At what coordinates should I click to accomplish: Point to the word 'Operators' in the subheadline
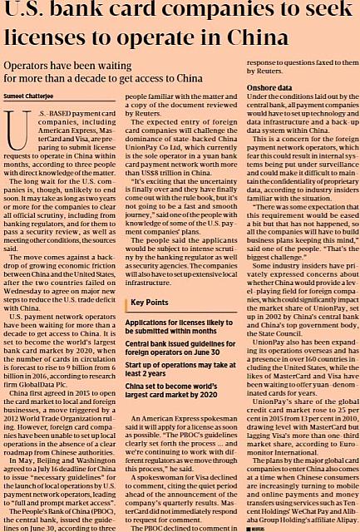(x=35, y=64)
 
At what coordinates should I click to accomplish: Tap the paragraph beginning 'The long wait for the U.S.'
(x=59, y=195)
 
